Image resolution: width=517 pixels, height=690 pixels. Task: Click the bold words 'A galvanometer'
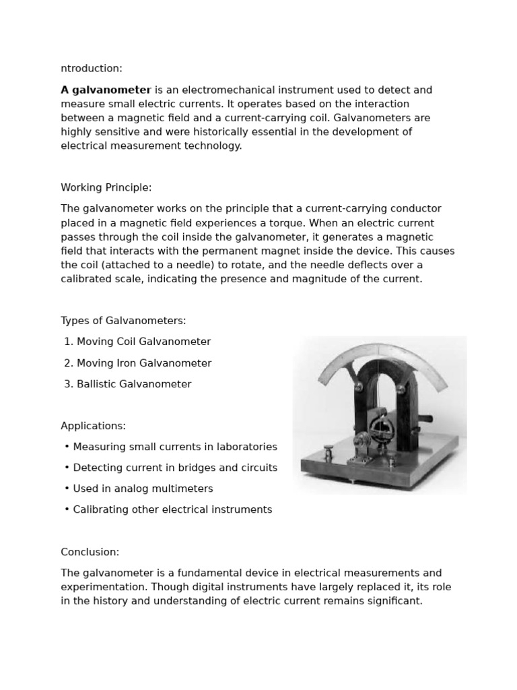coord(106,90)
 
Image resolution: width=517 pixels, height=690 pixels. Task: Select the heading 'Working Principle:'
coord(106,187)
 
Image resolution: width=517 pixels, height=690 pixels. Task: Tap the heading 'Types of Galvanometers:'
coord(123,321)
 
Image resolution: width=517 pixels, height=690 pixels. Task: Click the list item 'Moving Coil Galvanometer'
coord(143,342)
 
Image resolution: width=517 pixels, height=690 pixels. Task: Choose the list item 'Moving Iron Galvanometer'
coord(144,363)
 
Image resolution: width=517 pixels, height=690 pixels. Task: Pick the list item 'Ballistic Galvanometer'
coord(134,384)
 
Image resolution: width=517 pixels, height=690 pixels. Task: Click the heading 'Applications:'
coord(93,426)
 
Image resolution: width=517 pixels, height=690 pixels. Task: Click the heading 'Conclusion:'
coord(90,552)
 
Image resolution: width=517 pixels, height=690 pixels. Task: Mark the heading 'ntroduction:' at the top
coord(92,68)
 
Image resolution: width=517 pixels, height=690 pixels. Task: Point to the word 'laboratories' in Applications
coord(246,447)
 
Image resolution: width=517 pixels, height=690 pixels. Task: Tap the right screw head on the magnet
coord(401,389)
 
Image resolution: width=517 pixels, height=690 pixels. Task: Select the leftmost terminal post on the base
coord(329,451)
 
